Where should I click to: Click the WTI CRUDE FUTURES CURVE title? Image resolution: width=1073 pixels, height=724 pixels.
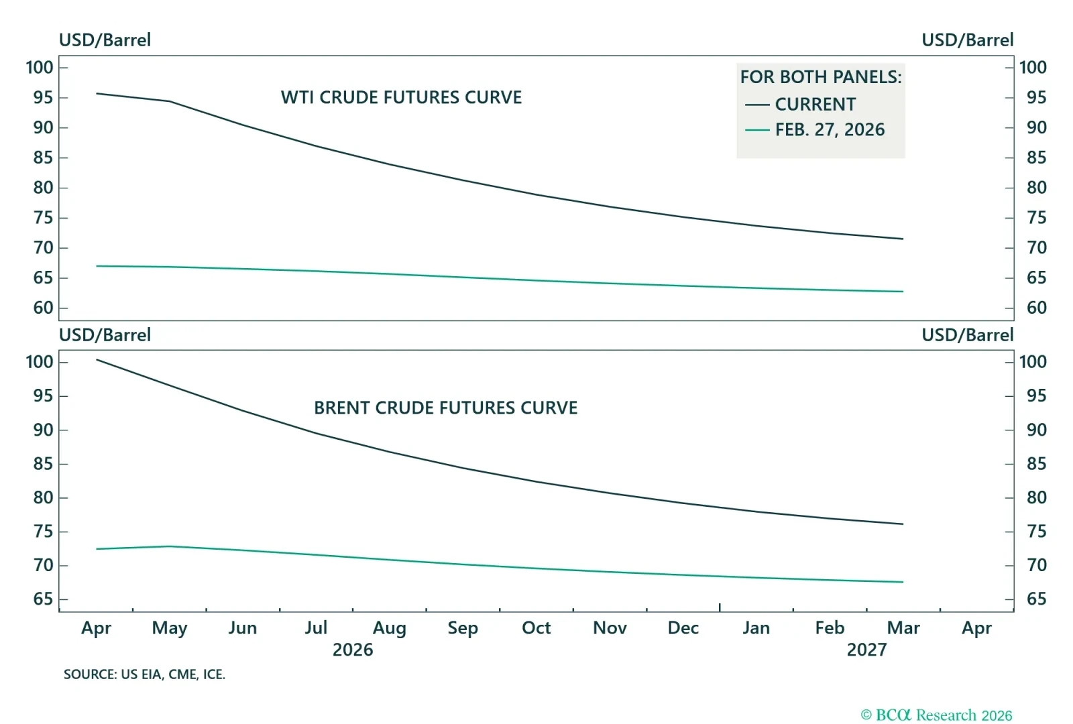coord(401,97)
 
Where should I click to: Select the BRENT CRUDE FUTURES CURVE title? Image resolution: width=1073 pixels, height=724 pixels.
coord(445,408)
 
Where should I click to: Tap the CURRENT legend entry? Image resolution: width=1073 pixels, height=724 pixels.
coord(815,105)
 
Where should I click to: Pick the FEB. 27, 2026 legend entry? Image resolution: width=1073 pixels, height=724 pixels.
coord(830,129)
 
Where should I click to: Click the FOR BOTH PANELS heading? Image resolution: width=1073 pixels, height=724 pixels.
coord(821,77)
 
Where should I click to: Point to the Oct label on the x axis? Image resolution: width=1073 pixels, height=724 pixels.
coord(536,628)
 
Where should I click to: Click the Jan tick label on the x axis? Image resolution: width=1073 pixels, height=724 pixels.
coord(756,628)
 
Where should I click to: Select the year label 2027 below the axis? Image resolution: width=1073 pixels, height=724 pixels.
coord(866,650)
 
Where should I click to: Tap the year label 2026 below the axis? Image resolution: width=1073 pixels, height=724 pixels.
coord(353,650)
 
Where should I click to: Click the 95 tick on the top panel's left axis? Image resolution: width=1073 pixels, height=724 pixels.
coord(43,98)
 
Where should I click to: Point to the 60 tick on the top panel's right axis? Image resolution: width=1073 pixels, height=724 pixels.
coord(1036,308)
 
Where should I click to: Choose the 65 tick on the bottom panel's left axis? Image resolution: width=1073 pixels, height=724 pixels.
coord(43,599)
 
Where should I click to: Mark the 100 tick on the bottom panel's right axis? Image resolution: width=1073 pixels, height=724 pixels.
coord(1033,362)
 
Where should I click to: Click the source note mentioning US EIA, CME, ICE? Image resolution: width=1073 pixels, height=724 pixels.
coord(144,674)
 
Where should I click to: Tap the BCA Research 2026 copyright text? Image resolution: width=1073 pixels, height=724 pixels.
coord(936,715)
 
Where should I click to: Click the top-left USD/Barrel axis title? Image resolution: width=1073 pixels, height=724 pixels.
coord(105,40)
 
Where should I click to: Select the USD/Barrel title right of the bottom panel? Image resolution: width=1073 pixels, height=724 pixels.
coord(967,335)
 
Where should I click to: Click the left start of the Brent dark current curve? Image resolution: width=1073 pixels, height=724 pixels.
coord(97,360)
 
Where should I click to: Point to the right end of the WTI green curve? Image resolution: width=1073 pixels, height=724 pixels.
coord(903,292)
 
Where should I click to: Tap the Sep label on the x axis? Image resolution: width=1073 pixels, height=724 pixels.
coord(463,628)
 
